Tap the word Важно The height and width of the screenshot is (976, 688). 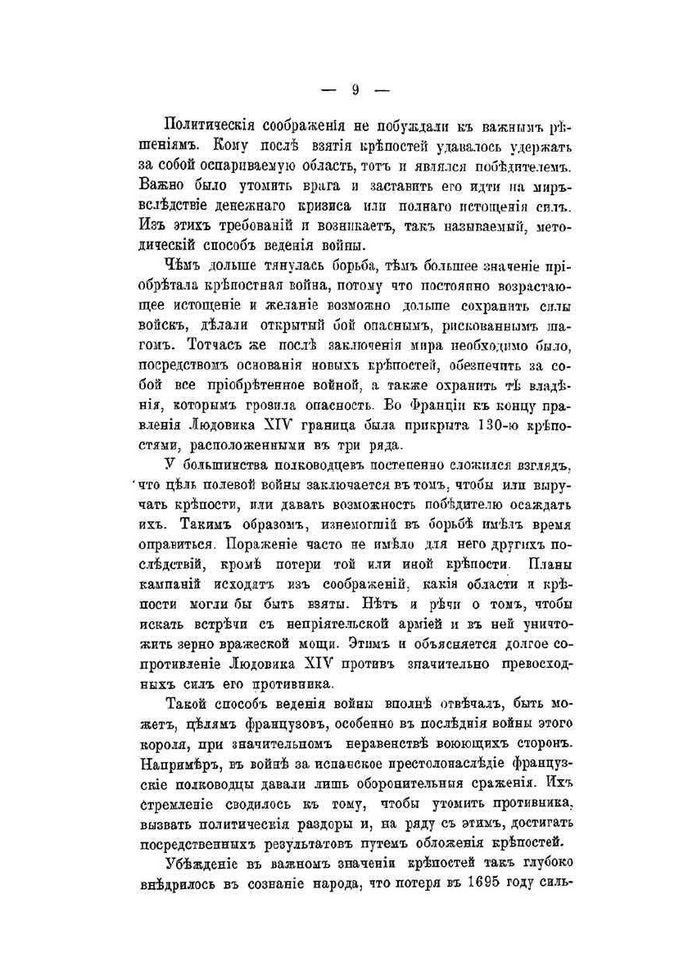[x=162, y=184]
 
